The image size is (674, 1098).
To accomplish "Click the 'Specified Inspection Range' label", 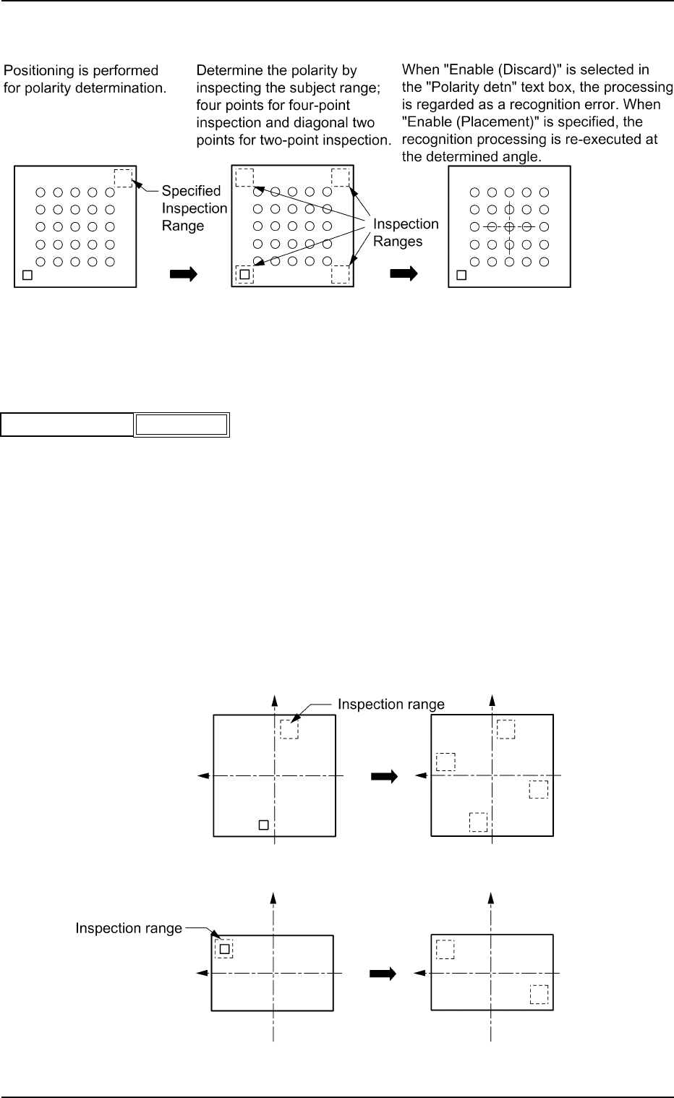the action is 195,208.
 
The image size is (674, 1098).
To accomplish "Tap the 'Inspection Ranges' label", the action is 406,232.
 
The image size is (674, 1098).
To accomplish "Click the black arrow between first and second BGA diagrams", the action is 184,274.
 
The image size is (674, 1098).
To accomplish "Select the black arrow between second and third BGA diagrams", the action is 404,273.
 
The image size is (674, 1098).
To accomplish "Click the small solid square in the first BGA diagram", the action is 27,275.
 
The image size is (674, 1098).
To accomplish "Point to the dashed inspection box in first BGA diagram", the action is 123,178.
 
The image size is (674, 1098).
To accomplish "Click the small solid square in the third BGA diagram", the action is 461,275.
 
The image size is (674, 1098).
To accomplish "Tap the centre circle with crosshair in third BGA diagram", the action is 509,227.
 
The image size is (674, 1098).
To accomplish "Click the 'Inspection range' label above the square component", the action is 391,705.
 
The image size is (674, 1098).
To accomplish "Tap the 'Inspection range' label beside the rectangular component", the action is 129,929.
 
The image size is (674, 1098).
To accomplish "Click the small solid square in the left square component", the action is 263,825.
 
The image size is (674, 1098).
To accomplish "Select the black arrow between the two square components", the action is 384,776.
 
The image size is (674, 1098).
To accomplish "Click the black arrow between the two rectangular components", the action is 383,974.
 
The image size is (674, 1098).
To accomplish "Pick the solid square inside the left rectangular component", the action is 224,950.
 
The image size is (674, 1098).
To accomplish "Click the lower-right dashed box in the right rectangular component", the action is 539,995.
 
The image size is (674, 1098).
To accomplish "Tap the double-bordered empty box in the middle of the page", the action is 182,425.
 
